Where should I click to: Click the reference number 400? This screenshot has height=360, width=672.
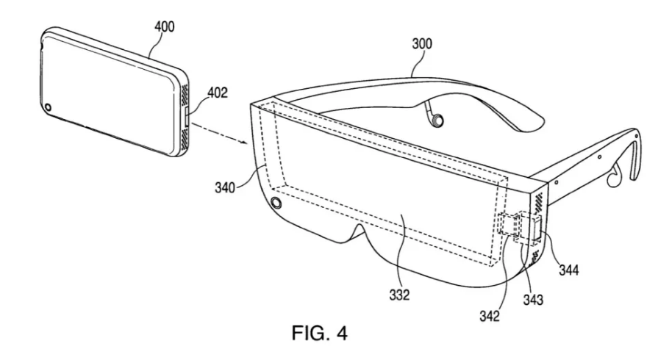[x=165, y=26]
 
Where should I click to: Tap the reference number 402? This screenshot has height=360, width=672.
[x=218, y=93]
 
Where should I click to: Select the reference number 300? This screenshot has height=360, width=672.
[x=422, y=43]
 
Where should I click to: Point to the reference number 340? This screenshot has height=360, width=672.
[x=225, y=187]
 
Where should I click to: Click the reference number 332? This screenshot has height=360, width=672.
[x=399, y=295]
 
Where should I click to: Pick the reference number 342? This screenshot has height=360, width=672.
[x=490, y=316]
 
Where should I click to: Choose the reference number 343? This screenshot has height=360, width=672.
[x=533, y=300]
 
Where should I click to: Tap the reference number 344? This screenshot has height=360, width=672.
[x=569, y=270]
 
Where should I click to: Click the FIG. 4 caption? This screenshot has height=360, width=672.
[x=320, y=333]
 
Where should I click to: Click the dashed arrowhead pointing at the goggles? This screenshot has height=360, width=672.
[x=244, y=143]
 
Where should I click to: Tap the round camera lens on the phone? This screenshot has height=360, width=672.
[x=48, y=107]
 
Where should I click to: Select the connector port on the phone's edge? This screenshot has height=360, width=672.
[x=187, y=116]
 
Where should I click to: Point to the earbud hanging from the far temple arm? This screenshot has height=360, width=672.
[x=436, y=120]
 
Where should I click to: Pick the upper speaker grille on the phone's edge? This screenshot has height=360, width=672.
[x=185, y=94]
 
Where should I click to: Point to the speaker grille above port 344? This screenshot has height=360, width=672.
[x=538, y=202]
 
